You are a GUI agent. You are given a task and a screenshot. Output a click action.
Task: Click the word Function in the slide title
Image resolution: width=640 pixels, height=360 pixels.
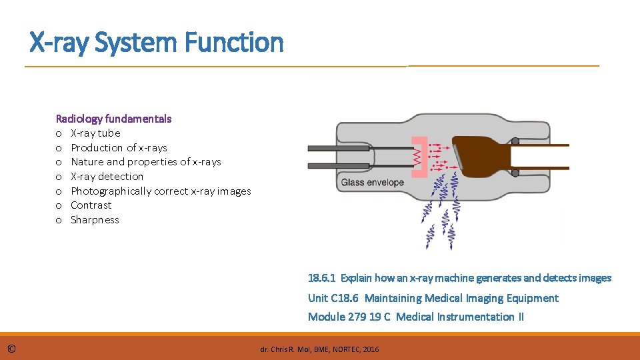234,43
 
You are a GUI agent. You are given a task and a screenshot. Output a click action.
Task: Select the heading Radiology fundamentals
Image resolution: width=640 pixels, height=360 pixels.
113,119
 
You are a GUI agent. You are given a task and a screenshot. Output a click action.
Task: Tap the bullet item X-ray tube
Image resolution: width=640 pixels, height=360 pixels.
95,133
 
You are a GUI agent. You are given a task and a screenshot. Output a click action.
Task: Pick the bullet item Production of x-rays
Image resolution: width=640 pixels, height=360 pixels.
119,148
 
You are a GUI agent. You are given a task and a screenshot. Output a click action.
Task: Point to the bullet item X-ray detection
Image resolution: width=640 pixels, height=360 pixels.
107,177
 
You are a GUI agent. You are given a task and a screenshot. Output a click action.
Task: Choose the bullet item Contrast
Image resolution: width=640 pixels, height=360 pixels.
91,205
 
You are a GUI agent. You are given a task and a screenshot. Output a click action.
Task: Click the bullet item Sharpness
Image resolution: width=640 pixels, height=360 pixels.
95,220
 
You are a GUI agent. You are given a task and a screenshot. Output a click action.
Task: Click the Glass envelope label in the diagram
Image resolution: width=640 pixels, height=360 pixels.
373,183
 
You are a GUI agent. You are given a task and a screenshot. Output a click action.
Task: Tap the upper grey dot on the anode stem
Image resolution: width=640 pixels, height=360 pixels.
515,141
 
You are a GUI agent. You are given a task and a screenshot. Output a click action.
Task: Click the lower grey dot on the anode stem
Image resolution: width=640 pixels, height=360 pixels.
515,173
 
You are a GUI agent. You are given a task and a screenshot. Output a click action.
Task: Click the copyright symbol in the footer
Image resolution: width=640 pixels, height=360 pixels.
13,348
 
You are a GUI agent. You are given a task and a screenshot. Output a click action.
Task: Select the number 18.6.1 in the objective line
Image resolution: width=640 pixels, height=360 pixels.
322,278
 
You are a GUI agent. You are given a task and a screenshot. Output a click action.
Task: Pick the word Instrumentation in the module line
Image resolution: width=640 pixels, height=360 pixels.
475,317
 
